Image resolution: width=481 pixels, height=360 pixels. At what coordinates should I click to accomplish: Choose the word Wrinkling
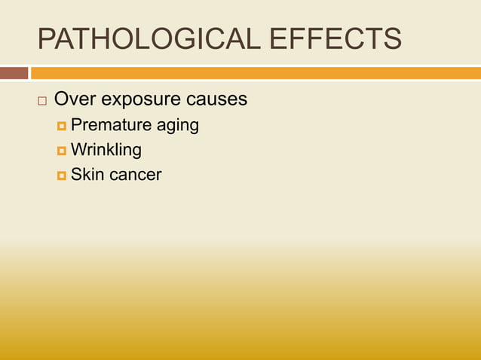pos(106,150)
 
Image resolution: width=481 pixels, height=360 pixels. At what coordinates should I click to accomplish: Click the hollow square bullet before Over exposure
pos(42,101)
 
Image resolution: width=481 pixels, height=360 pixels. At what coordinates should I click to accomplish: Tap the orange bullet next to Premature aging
pos(61,126)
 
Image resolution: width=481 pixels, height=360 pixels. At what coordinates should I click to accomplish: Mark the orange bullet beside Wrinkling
pos(61,151)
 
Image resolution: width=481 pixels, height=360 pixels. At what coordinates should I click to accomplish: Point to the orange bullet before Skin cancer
pos(61,175)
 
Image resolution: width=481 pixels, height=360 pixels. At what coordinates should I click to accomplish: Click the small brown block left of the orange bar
pos(14,73)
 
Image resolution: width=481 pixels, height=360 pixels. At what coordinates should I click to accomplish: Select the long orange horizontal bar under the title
pos(256,73)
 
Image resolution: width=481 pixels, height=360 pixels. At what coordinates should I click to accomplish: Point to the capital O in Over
pos(63,99)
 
